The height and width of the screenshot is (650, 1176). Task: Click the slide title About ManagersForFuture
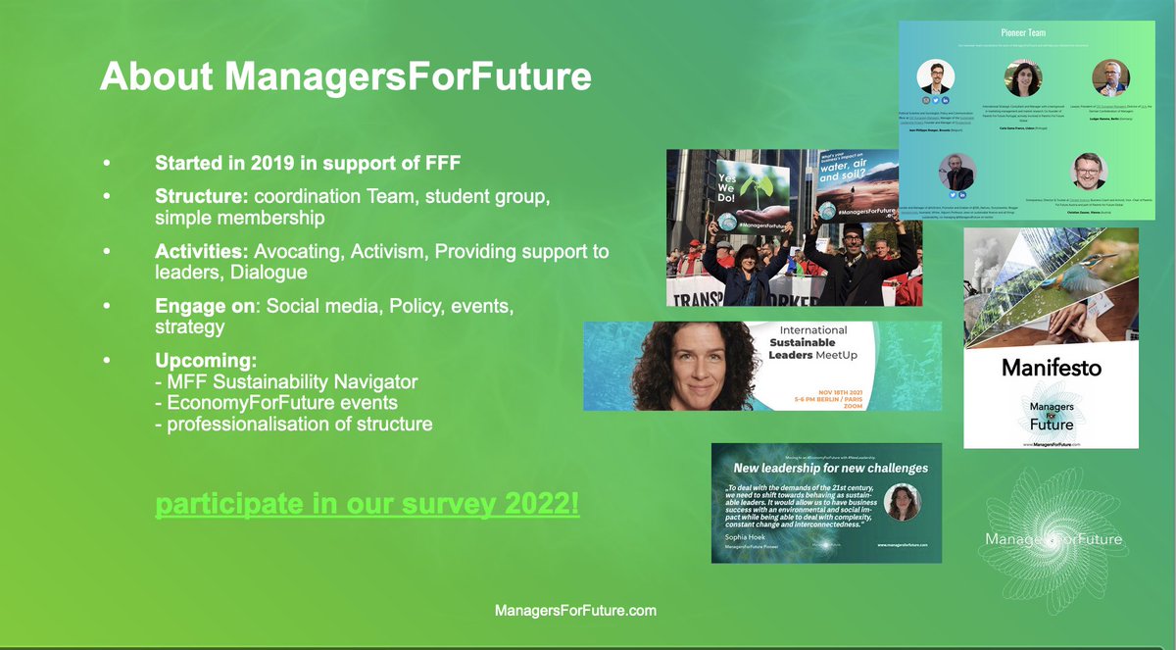[346, 75]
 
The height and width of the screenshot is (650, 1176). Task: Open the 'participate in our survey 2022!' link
[367, 506]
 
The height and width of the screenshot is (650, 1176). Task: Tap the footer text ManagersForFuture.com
[574, 610]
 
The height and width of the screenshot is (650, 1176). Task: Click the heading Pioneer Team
[1024, 32]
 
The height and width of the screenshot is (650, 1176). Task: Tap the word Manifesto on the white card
[1051, 369]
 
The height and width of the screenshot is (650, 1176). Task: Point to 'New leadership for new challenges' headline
[830, 468]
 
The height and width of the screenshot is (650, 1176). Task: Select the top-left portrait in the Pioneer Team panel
[935, 76]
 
